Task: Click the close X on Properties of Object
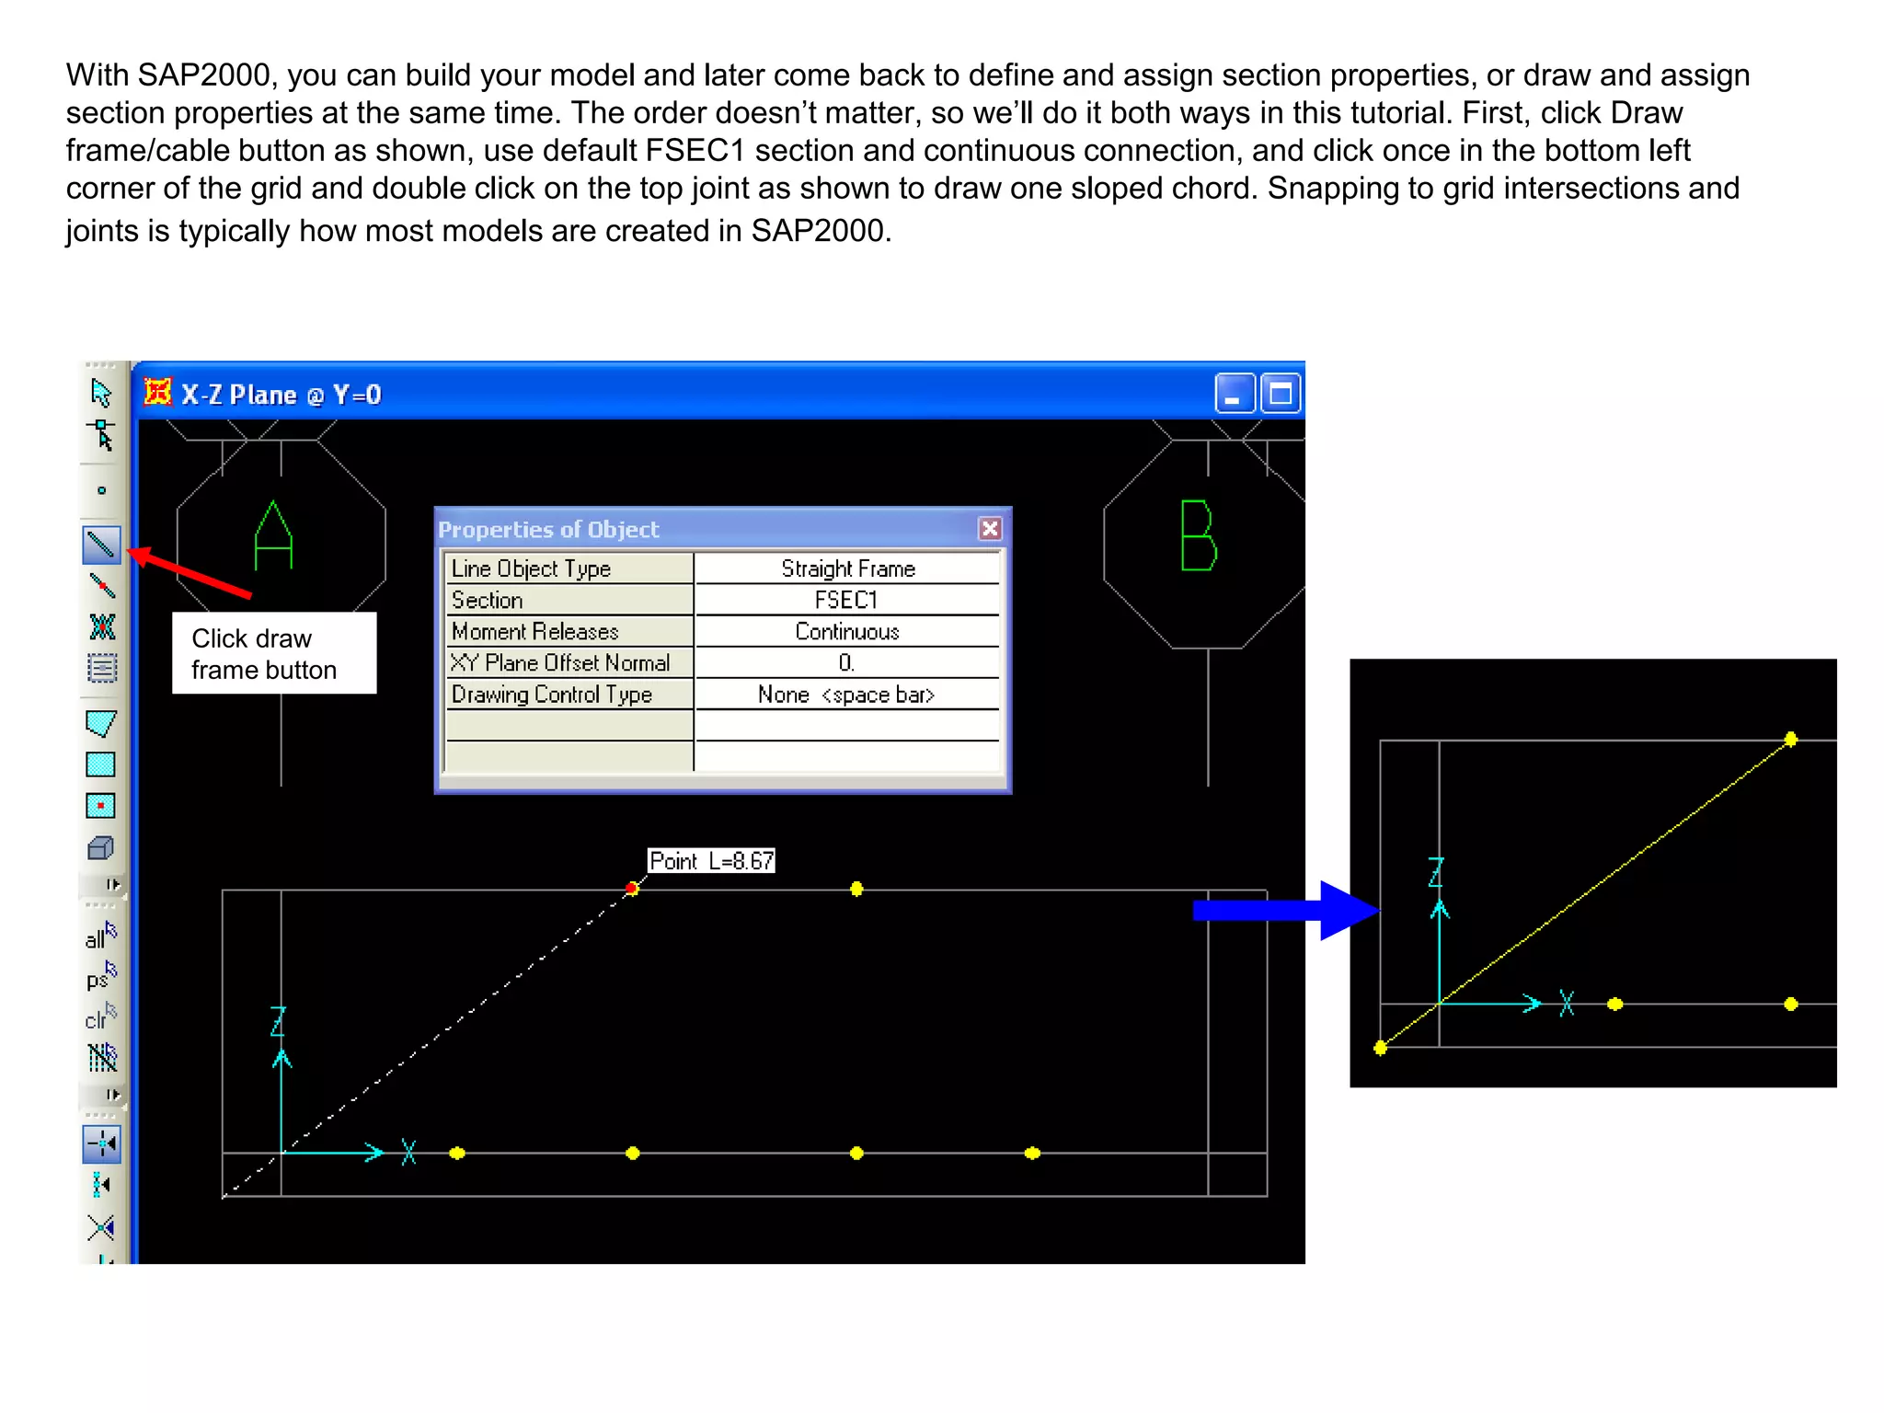tap(990, 529)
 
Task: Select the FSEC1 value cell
tap(846, 601)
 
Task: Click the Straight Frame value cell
tap(846, 569)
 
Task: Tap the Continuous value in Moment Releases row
tap(846, 632)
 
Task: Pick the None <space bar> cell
tap(846, 695)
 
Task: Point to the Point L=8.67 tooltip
tap(711, 861)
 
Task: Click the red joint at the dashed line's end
tap(632, 888)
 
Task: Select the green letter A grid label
tap(273, 535)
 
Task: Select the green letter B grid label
tap(1199, 535)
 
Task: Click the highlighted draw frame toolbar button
tap(101, 545)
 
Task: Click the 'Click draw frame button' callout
tap(273, 654)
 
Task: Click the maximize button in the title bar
tap(1280, 395)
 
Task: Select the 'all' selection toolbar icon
tap(100, 936)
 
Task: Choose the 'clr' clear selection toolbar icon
tap(100, 1017)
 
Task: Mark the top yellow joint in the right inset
tap(1790, 739)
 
